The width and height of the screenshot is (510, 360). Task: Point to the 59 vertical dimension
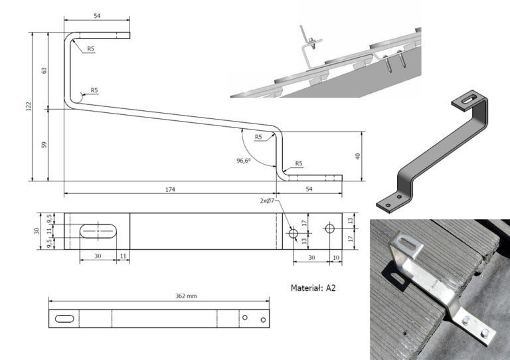(44, 144)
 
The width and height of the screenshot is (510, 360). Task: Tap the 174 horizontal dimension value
(170, 190)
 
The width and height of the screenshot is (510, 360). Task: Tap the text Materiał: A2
(317, 288)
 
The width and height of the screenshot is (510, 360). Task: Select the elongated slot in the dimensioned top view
(98, 230)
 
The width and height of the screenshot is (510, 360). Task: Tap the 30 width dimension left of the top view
(37, 230)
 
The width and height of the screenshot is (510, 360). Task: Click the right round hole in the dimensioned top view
(330, 228)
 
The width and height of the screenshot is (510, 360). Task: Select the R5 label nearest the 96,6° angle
(258, 137)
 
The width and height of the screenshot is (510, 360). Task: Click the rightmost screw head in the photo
(485, 333)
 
